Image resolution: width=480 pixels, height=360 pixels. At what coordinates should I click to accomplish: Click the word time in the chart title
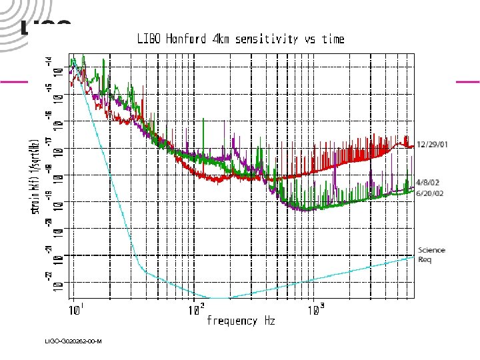click(333, 39)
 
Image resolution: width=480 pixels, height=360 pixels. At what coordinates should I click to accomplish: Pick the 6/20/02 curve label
click(428, 193)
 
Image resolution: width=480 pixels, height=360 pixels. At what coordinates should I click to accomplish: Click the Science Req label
click(431, 255)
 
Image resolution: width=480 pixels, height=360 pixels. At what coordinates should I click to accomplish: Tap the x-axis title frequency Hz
click(241, 321)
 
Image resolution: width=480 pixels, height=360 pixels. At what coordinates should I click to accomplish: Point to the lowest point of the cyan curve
click(220, 298)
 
